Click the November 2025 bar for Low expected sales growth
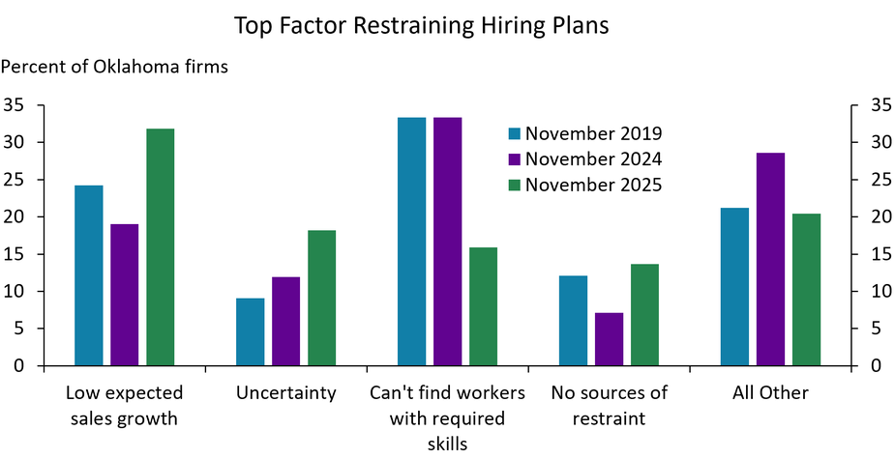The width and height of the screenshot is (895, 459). click(x=161, y=247)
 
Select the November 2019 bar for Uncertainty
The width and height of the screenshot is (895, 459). click(x=250, y=332)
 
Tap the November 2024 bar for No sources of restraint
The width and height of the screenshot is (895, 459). click(x=609, y=339)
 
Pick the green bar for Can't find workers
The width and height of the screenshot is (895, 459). click(x=483, y=307)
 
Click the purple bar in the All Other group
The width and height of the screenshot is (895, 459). click(x=770, y=259)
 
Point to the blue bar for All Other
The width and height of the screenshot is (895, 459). click(x=734, y=287)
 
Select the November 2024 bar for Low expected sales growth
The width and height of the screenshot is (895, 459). click(x=125, y=295)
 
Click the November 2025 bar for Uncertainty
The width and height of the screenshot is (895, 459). click(x=321, y=298)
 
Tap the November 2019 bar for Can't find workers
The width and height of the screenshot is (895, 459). click(x=411, y=242)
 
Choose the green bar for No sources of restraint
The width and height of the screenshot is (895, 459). click(x=644, y=315)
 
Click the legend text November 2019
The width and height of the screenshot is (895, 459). click(x=593, y=134)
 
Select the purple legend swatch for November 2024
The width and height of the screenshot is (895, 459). click(x=515, y=159)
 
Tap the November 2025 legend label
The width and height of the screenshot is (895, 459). click(x=593, y=185)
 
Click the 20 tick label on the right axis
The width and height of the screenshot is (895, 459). click(x=873, y=217)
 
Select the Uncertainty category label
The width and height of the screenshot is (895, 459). click(x=285, y=393)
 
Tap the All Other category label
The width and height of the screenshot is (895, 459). click(x=770, y=393)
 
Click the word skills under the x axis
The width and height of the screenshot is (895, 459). click(x=447, y=444)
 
